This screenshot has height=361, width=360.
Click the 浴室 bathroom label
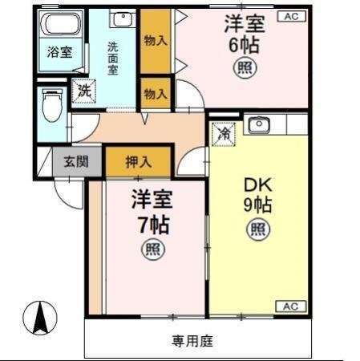point(59,53)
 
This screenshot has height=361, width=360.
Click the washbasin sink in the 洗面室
point(123,19)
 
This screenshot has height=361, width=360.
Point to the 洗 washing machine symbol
point(83,91)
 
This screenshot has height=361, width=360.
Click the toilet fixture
point(52,105)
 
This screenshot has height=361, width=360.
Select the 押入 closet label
point(138,161)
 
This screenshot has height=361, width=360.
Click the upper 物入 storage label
point(155,40)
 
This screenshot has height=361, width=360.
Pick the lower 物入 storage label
point(155,94)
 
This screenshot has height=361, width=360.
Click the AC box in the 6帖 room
point(289,16)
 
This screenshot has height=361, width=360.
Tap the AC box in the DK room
point(290,306)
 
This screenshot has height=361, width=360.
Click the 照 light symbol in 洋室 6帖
point(244,68)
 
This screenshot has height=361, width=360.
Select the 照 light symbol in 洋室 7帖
point(152,250)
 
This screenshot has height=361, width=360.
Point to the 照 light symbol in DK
point(257,231)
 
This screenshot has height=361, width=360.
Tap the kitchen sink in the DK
point(258,125)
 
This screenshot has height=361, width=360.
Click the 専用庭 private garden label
point(192,341)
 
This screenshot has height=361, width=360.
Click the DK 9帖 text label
point(257,193)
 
